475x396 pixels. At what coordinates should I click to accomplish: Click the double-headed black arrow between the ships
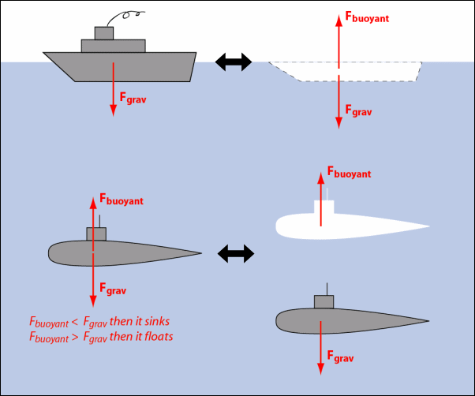[234, 62]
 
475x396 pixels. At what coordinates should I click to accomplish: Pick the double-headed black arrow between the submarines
[236, 253]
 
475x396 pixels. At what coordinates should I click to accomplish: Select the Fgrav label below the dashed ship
[358, 112]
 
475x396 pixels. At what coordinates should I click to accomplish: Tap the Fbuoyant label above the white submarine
[349, 173]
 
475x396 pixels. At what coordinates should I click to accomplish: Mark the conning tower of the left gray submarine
[96, 233]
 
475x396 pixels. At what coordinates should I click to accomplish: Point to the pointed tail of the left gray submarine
[199, 254]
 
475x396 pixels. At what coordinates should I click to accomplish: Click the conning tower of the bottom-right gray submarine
[324, 302]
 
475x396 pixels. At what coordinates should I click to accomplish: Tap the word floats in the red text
[157, 337]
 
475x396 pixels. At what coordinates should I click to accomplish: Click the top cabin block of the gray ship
[103, 33]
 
